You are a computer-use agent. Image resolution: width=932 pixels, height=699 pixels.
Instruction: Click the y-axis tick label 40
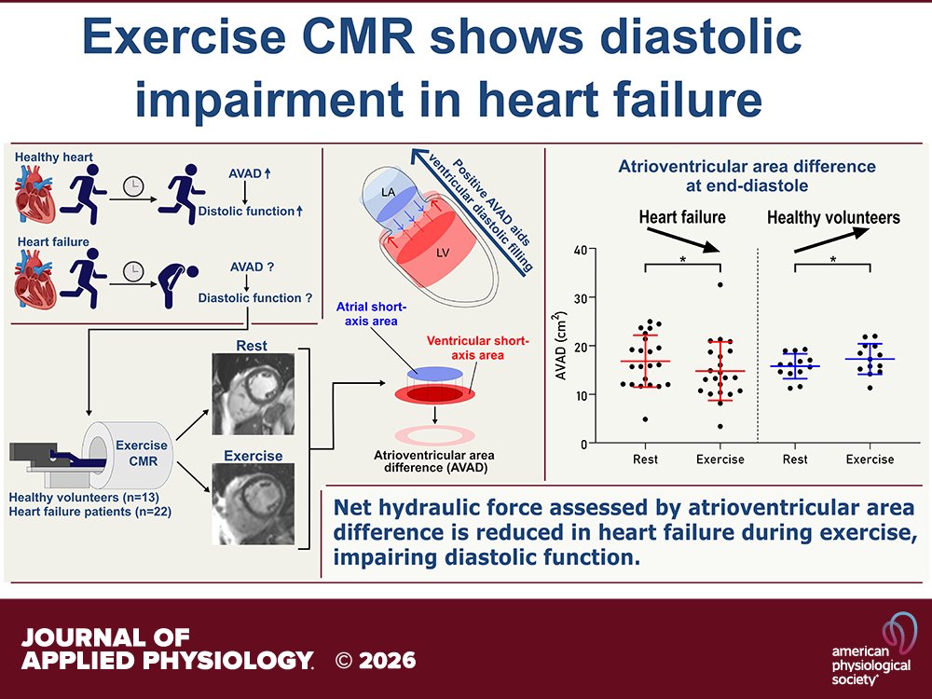580,250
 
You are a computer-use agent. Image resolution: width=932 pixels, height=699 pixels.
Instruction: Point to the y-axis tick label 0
583,444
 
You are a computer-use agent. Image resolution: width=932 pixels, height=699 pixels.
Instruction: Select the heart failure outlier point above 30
720,284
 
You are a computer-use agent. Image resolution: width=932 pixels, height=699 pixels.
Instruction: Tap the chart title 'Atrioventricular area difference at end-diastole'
747,176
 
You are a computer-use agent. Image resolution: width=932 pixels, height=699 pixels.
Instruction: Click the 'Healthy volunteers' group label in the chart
833,217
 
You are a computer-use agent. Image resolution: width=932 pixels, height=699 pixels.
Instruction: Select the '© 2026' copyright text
376,661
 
